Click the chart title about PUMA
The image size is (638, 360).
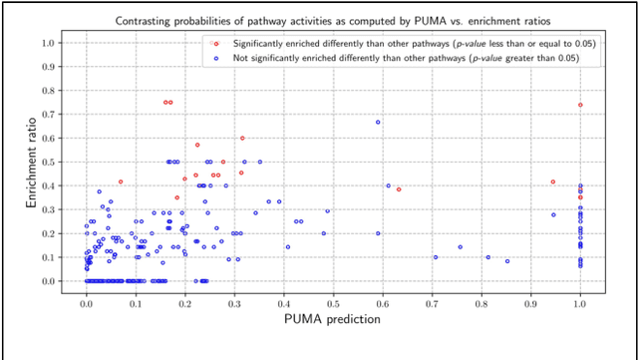[x=333, y=19]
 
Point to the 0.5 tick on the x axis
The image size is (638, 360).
[x=333, y=299]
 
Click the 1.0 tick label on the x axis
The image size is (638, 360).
[x=580, y=299]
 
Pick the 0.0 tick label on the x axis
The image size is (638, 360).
[x=87, y=299]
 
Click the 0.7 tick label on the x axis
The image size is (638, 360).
[x=432, y=299]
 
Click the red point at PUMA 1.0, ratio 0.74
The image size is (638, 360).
[x=580, y=105]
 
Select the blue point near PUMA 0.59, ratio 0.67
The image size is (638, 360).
[x=378, y=122]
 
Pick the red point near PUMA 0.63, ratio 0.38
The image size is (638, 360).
[x=399, y=189]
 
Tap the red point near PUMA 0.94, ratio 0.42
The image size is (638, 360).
[x=553, y=181]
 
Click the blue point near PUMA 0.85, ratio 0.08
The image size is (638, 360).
[x=507, y=261]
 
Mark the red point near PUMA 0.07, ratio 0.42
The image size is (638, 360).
[x=121, y=181]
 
